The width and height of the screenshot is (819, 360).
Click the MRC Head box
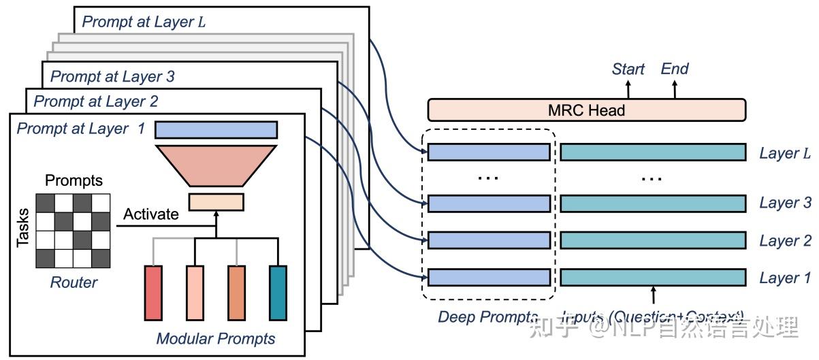pyautogui.click(x=586, y=110)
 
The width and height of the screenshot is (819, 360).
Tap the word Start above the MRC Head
pyautogui.click(x=628, y=69)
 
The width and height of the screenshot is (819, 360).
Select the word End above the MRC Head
pyautogui.click(x=675, y=69)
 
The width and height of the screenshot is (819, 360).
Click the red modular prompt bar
pyautogui.click(x=154, y=293)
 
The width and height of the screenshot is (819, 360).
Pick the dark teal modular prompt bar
pyautogui.click(x=278, y=293)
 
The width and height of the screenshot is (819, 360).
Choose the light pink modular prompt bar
pyautogui.click(x=195, y=293)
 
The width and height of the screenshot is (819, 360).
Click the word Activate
pyautogui.click(x=151, y=214)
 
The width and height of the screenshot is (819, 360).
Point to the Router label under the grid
pyautogui.click(x=74, y=282)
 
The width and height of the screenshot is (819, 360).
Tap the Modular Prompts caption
pyautogui.click(x=216, y=338)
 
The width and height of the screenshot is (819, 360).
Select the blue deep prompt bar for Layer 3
pyautogui.click(x=489, y=203)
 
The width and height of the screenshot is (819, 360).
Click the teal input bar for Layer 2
pyautogui.click(x=653, y=240)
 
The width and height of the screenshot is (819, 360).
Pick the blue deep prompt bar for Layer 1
pyautogui.click(x=489, y=277)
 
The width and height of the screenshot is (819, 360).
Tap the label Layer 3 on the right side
pyautogui.click(x=785, y=203)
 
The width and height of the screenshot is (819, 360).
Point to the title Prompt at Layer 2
pyautogui.click(x=96, y=102)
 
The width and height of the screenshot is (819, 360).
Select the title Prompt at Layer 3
pyautogui.click(x=112, y=76)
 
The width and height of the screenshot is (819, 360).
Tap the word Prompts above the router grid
pyautogui.click(x=74, y=181)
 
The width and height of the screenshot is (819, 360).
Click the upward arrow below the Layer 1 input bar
pyautogui.click(x=654, y=295)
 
